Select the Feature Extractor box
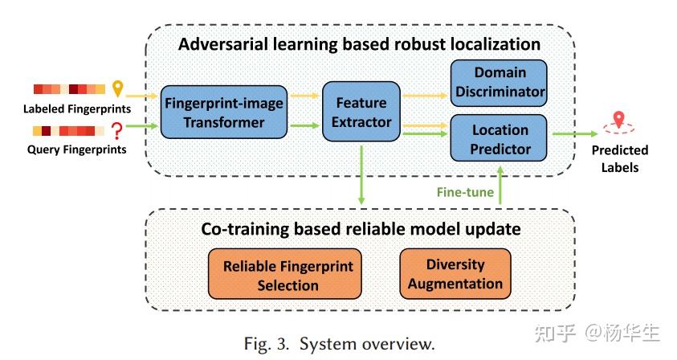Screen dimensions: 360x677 (361, 112)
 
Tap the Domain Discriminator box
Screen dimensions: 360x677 (499, 82)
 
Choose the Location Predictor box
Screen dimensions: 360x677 (500, 138)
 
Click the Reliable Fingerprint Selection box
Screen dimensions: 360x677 (288, 275)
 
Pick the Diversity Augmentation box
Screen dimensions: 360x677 (455, 273)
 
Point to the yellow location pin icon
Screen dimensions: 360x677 (119, 88)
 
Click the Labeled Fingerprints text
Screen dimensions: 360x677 (77, 108)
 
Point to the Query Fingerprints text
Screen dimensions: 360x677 (77, 149)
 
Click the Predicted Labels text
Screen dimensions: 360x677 (619, 158)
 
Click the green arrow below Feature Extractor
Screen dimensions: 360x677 (361, 177)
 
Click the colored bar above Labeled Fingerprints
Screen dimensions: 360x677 (69, 89)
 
